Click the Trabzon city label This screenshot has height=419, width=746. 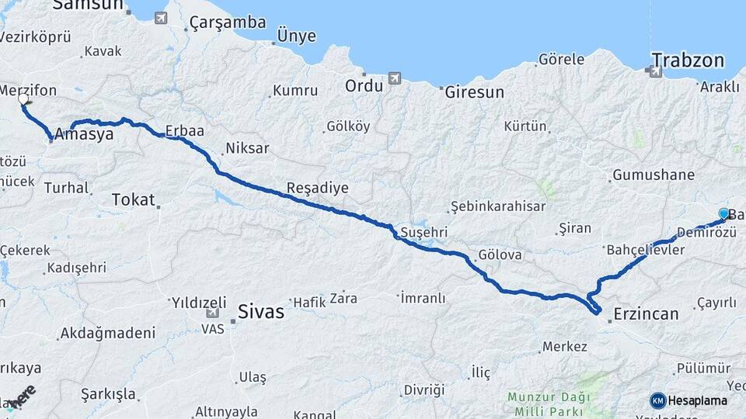[x=688, y=61]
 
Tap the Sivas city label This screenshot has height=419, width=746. [x=261, y=313]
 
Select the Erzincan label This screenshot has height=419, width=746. [x=646, y=313]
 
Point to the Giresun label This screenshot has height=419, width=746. [x=474, y=92]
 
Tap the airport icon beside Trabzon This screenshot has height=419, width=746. [x=655, y=72]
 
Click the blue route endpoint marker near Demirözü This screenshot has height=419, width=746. [x=723, y=213]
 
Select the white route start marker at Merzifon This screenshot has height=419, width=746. [x=23, y=99]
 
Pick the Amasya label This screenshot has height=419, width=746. [x=83, y=133]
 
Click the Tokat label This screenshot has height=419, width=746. [x=133, y=199]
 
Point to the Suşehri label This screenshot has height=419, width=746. [x=424, y=232]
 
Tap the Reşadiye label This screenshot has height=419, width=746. [x=317, y=187]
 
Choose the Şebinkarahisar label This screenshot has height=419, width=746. [x=497, y=206]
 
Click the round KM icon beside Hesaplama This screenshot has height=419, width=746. [x=658, y=400]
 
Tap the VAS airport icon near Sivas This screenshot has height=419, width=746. [x=212, y=313]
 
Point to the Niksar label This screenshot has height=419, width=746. [x=247, y=147]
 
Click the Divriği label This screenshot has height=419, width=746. [x=424, y=389]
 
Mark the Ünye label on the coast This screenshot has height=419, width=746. [x=296, y=36]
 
